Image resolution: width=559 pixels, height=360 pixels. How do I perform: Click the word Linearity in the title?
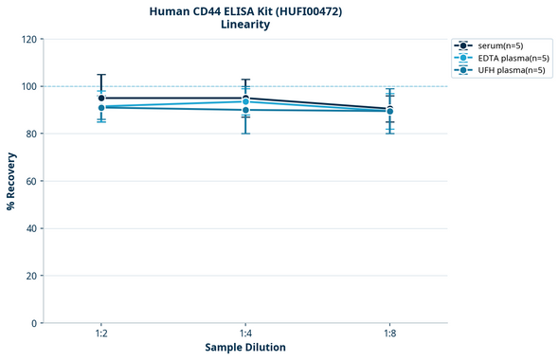coord(245,25)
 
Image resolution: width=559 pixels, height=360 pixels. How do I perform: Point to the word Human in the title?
coord(171,10)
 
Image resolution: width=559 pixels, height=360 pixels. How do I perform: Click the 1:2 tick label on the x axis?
coord(101,334)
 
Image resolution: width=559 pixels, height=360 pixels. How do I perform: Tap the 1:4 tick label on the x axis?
coord(245,334)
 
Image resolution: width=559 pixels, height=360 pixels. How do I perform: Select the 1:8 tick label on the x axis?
coord(389,334)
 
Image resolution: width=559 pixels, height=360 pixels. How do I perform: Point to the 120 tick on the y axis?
coord(28,39)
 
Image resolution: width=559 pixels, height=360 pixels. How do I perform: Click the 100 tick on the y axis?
coord(28,86)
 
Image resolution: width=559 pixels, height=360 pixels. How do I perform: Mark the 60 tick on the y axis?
coord(31,181)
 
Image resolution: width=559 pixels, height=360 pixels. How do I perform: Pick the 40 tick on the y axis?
coord(31,228)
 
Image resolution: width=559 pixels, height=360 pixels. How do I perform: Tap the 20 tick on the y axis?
coord(31,276)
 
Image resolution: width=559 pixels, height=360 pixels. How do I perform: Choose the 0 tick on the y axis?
coord(34,323)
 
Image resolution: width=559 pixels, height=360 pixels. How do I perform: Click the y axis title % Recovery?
coord(11,181)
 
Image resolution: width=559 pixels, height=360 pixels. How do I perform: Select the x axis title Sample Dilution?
coord(245,348)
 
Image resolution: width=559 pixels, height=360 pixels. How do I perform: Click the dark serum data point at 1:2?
coord(101,98)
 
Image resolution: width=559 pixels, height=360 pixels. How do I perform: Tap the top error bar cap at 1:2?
coord(101,74)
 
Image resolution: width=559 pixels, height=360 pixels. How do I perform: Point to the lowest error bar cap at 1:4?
coord(245,134)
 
